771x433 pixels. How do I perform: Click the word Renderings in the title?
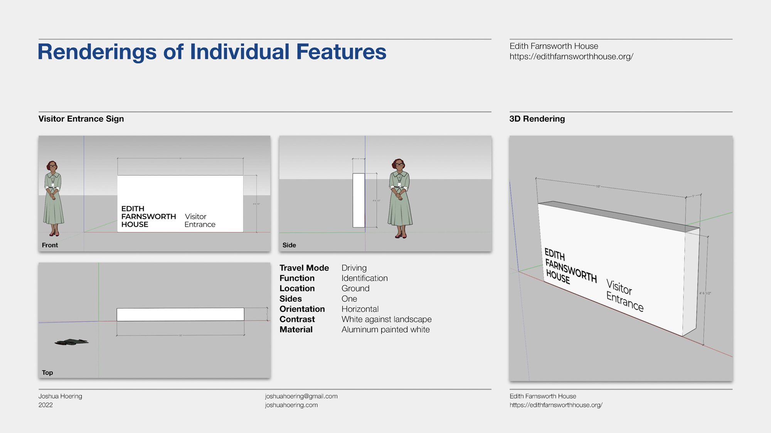pyautogui.click(x=97, y=52)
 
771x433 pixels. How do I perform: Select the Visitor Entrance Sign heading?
pyautogui.click(x=81, y=119)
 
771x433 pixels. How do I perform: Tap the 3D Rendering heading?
pyautogui.click(x=537, y=119)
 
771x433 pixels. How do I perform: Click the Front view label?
pyautogui.click(x=50, y=245)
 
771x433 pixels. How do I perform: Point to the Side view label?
pyautogui.click(x=289, y=245)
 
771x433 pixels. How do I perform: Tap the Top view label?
pyautogui.click(x=47, y=373)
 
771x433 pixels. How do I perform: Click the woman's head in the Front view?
pyautogui.click(x=52, y=166)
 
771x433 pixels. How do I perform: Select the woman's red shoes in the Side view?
pyautogui.click(x=401, y=236)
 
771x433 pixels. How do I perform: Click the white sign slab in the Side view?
pyautogui.click(x=359, y=200)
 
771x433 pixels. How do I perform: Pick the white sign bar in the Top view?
pyautogui.click(x=180, y=314)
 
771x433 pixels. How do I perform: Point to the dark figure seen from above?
pyautogui.click(x=72, y=342)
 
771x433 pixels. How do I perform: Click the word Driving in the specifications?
pyautogui.click(x=354, y=268)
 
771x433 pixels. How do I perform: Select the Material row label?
pyautogui.click(x=296, y=330)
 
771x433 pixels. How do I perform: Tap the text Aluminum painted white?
pyautogui.click(x=385, y=330)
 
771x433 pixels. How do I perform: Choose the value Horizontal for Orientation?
pyautogui.click(x=360, y=309)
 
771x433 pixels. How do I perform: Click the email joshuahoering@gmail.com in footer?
pyautogui.click(x=301, y=396)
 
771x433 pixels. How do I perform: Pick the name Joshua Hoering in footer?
pyautogui.click(x=60, y=396)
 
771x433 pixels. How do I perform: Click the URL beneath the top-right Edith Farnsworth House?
pyautogui.click(x=571, y=57)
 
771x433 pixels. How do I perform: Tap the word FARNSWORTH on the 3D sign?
pyautogui.click(x=571, y=271)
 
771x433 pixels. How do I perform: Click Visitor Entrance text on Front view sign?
pyautogui.click(x=199, y=221)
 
